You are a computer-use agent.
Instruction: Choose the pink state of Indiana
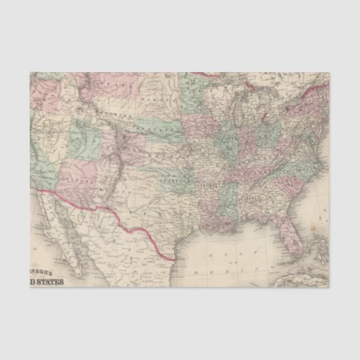point(245,143)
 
